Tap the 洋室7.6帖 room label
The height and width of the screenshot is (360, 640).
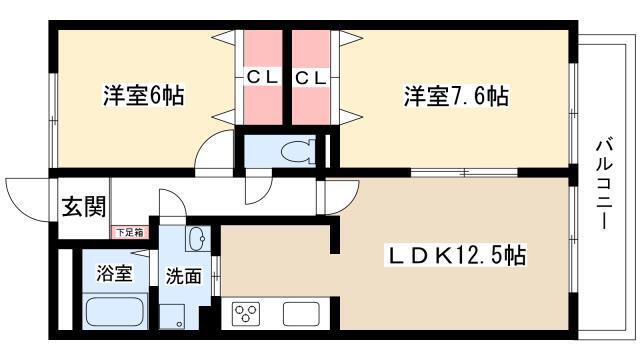[455, 97]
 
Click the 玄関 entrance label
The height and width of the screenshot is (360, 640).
[84, 207]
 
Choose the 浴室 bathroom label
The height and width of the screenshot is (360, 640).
[113, 274]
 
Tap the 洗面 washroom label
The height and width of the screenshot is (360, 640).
[183, 274]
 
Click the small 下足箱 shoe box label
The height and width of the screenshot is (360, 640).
[128, 232]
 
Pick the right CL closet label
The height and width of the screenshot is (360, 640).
[311, 76]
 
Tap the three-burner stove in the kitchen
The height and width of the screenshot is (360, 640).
[247, 312]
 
